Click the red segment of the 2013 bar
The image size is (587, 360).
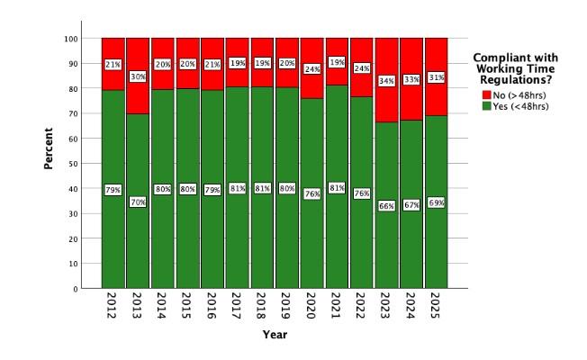[x=138, y=54]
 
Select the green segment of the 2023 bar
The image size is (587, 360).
[x=387, y=243]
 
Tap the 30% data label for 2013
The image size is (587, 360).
[x=138, y=76]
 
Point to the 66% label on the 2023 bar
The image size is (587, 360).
[x=387, y=205]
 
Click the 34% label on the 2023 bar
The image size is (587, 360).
[x=387, y=81]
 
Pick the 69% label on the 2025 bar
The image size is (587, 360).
[x=437, y=203]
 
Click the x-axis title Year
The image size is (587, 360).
[x=275, y=335]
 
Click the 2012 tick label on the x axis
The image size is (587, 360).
[x=113, y=306]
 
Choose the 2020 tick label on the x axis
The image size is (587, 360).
[x=312, y=306]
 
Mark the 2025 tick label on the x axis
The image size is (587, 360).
[x=437, y=306]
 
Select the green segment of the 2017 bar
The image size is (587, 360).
[x=238, y=243]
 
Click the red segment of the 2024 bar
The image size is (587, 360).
[x=411, y=54]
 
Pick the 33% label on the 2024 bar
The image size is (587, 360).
[x=411, y=79]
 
